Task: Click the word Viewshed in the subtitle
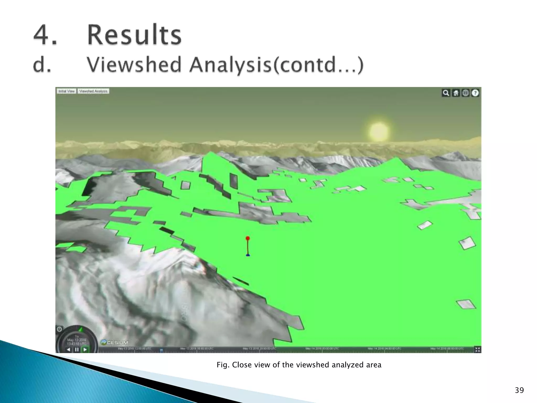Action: tap(134, 65)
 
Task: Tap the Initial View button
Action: tap(67, 91)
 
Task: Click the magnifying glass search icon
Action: tap(446, 93)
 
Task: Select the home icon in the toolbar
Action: tap(456, 93)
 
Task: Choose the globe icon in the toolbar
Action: tap(465, 93)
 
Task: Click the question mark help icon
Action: tap(475, 93)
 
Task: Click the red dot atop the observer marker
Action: tap(248, 238)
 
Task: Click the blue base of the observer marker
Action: tap(248, 255)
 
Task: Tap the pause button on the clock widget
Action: tap(77, 349)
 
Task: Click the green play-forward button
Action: tap(85, 349)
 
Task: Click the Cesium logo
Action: tap(115, 343)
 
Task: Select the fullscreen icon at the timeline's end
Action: tap(477, 349)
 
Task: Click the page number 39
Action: tap(519, 390)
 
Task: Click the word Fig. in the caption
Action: tap(223, 365)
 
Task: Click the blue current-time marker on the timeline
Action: tap(161, 350)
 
